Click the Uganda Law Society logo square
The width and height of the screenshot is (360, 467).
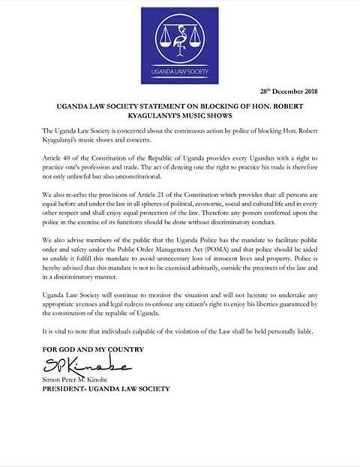180,46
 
